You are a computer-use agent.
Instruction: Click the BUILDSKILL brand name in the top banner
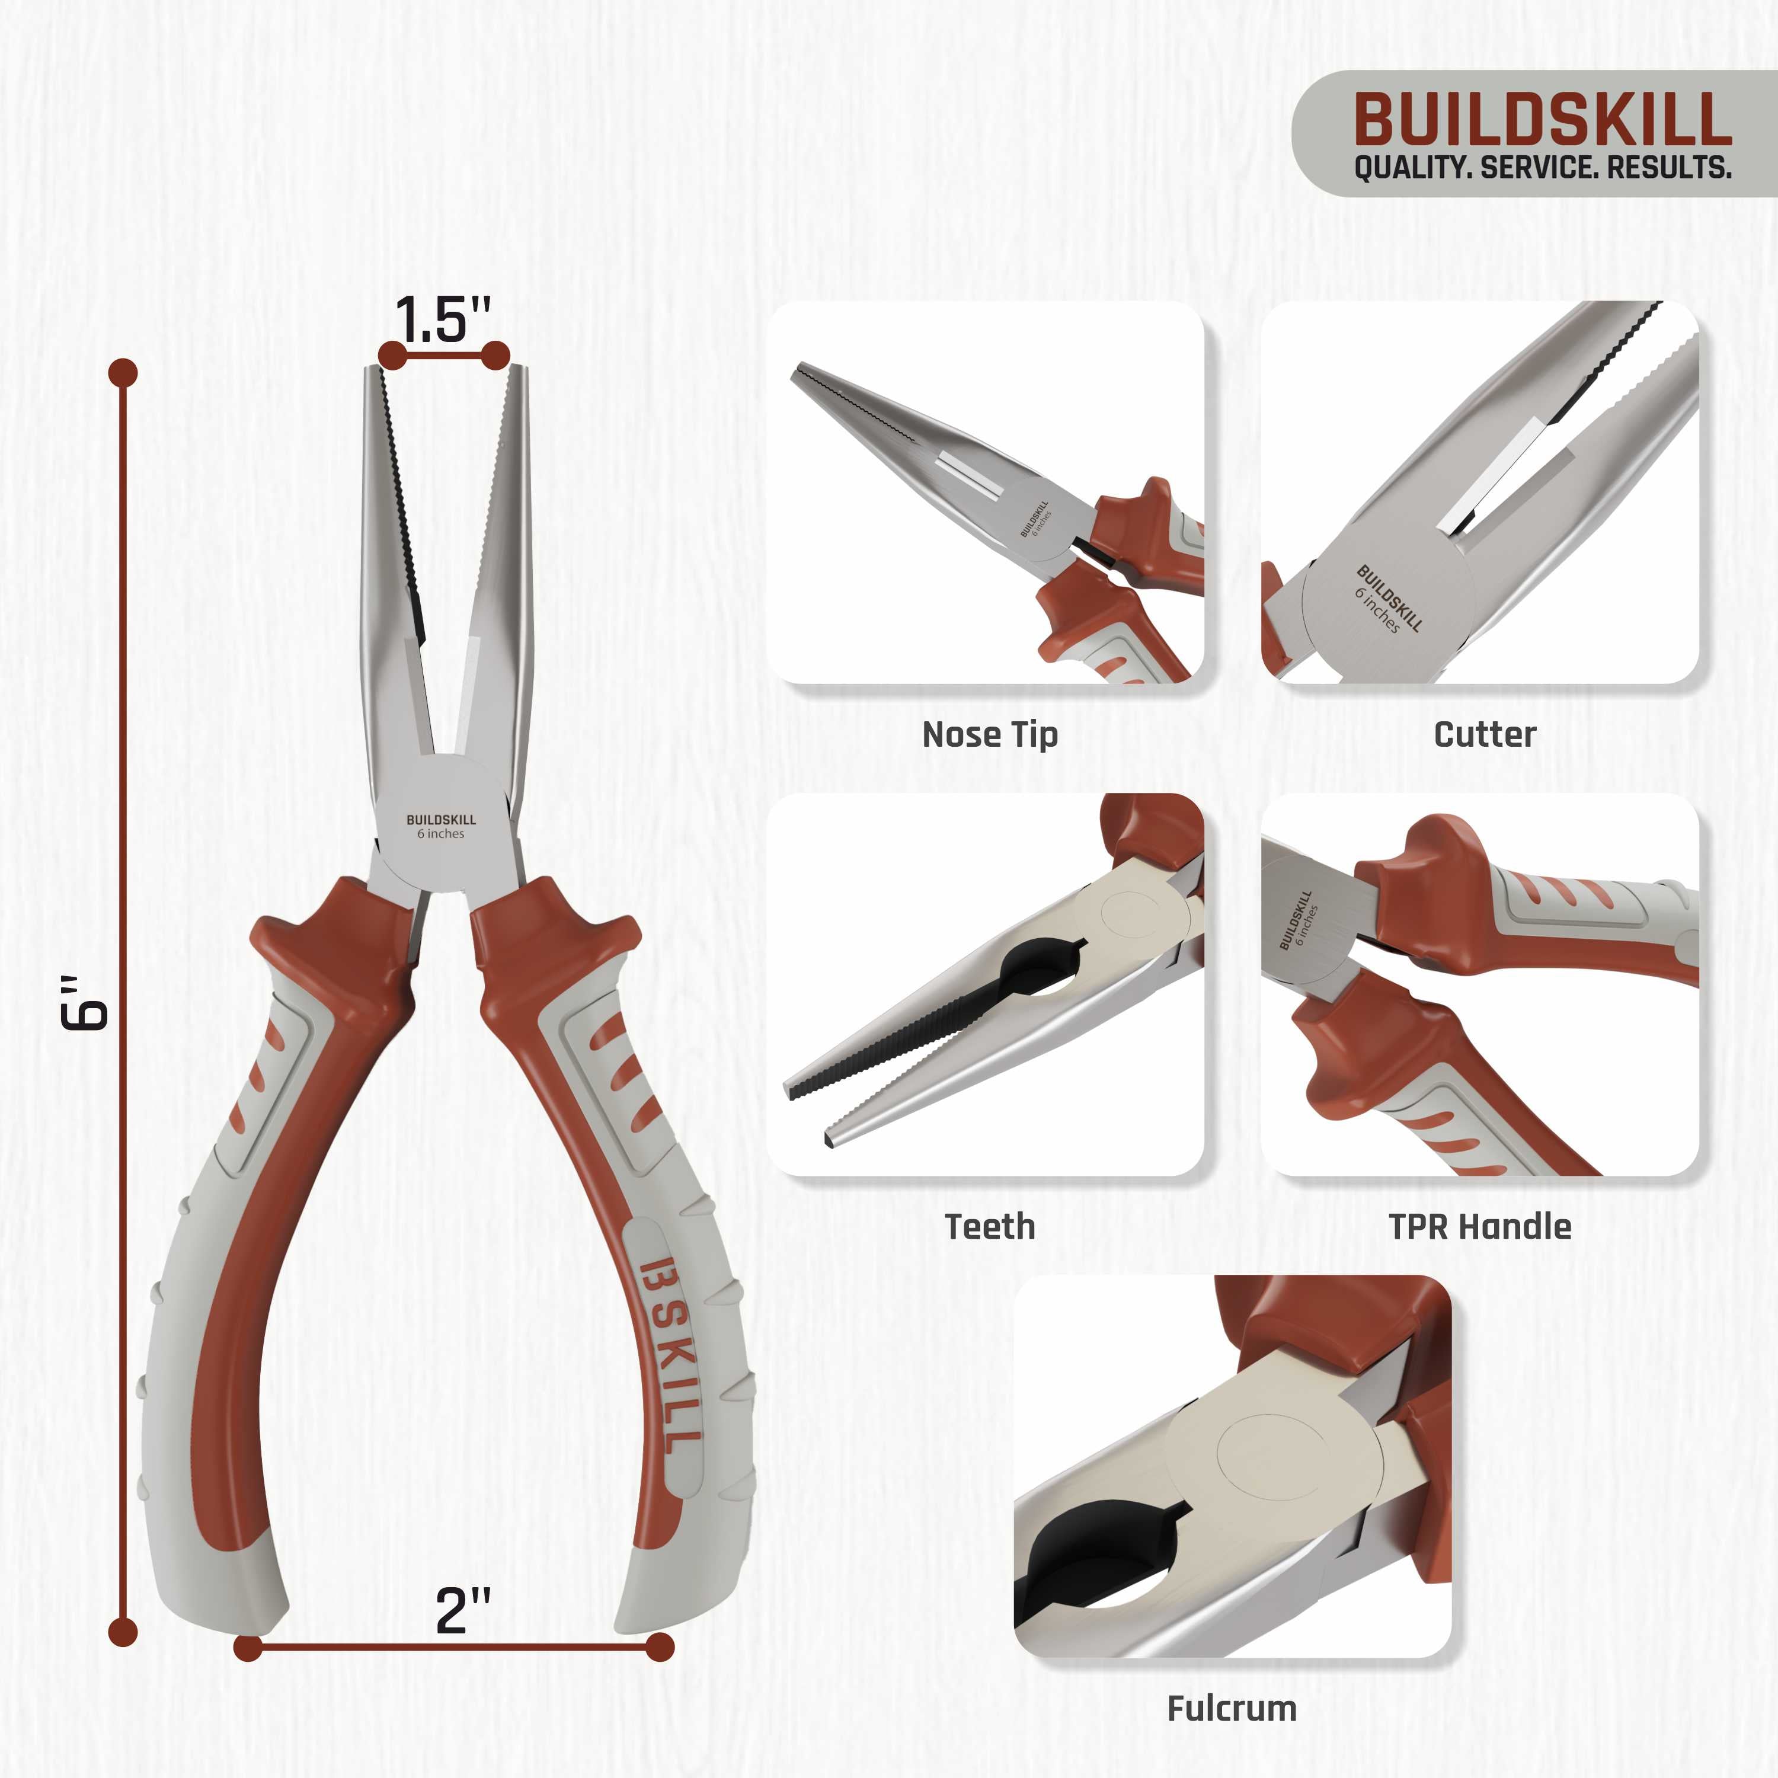tap(1542, 120)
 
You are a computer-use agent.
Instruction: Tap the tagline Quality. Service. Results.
tap(1542, 168)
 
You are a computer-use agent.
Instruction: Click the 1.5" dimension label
tap(443, 319)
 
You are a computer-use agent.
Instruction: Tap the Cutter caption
tap(1485, 734)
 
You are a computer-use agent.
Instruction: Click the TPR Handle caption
tap(1480, 1227)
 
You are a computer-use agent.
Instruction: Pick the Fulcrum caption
tap(1232, 1709)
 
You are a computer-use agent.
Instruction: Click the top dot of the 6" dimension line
tap(123, 373)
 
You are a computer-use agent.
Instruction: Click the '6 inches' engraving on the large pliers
tap(441, 834)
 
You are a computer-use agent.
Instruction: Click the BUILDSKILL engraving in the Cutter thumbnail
tap(1390, 598)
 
